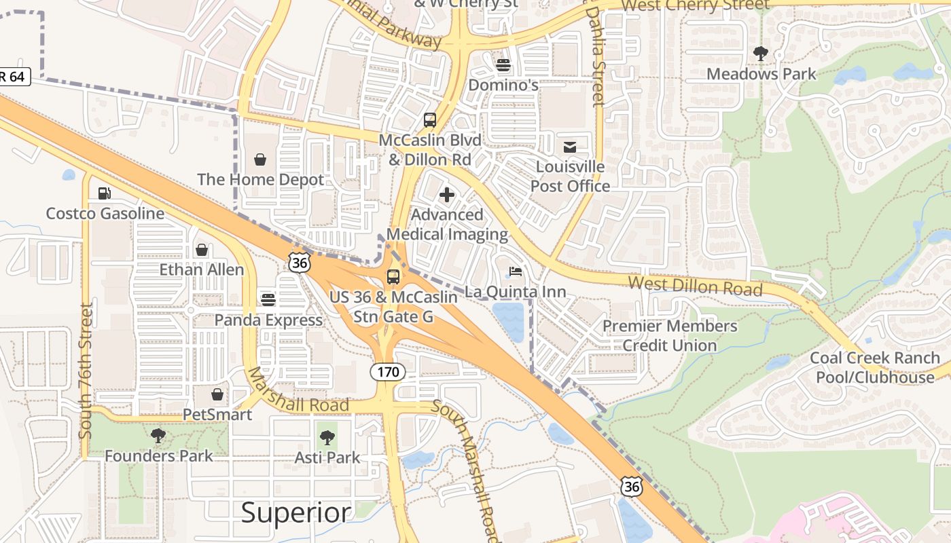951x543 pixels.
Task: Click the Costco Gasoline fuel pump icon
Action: tap(104, 193)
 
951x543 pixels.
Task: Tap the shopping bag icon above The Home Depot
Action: tap(260, 160)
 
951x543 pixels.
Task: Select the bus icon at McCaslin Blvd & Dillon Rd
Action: tap(430, 120)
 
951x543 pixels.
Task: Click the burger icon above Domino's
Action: tap(503, 65)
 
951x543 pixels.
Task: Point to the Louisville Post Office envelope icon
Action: tap(569, 147)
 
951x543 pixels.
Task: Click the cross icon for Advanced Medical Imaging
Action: tap(447, 195)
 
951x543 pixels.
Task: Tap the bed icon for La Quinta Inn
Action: tap(516, 272)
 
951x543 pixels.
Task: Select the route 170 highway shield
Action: tap(388, 372)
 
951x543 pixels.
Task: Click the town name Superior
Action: tap(297, 512)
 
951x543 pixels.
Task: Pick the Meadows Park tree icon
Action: tap(761, 54)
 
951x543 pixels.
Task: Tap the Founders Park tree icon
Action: tap(158, 436)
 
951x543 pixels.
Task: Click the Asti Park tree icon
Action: tap(327, 438)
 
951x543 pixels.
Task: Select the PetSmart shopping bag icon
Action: tap(217, 394)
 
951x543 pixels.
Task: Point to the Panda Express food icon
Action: tap(268, 299)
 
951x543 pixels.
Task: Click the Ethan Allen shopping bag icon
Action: tap(202, 250)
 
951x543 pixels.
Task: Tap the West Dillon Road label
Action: tap(695, 286)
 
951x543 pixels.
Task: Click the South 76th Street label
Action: tap(86, 371)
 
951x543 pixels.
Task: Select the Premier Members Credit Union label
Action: tap(670, 335)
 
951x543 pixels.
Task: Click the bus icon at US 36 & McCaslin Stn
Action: tap(393, 276)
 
